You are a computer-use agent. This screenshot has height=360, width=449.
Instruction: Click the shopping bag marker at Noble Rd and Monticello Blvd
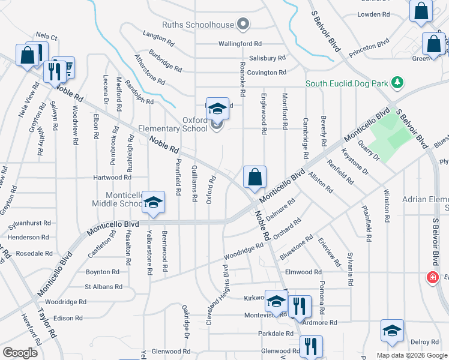(255, 178)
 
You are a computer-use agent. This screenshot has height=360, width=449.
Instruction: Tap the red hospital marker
(431, 277)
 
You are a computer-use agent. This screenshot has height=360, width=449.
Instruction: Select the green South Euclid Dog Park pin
(396, 82)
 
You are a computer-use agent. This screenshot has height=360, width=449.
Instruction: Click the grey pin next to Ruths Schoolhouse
(243, 25)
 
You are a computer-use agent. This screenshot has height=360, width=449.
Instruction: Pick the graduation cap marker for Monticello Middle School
(154, 202)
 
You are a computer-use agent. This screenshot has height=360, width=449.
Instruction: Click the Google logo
(20, 352)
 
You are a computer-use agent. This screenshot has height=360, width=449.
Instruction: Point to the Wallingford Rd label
(240, 44)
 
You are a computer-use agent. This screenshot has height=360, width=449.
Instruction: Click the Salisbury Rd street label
(267, 58)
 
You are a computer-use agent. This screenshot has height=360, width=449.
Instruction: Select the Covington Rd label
(265, 73)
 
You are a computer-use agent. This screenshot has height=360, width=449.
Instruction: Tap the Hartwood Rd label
(112, 178)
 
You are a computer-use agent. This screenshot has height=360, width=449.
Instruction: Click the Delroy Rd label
(425, 342)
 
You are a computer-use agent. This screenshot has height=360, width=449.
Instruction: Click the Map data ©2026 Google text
(411, 355)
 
